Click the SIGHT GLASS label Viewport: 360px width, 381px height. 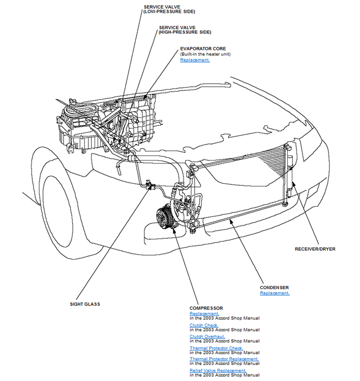tap(85, 304)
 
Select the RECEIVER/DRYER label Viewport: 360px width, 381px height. tap(315, 249)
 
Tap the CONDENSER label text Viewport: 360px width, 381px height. tap(274, 288)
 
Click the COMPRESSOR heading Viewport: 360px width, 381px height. tap(206, 308)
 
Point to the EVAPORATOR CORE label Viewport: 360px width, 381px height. tap(203, 49)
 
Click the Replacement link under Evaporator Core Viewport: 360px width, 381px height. tap(194, 60)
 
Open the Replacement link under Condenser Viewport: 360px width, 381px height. tap(275, 293)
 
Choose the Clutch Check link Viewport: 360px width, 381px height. tap(204, 325)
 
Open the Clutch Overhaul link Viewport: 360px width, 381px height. tap(207, 336)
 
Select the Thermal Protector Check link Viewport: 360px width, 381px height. tap(216, 348)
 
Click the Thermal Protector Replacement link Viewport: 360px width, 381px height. tap(224, 359)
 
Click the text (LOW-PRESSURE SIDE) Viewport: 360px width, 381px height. tap(169, 11)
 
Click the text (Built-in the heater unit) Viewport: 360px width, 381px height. tap(205, 54)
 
